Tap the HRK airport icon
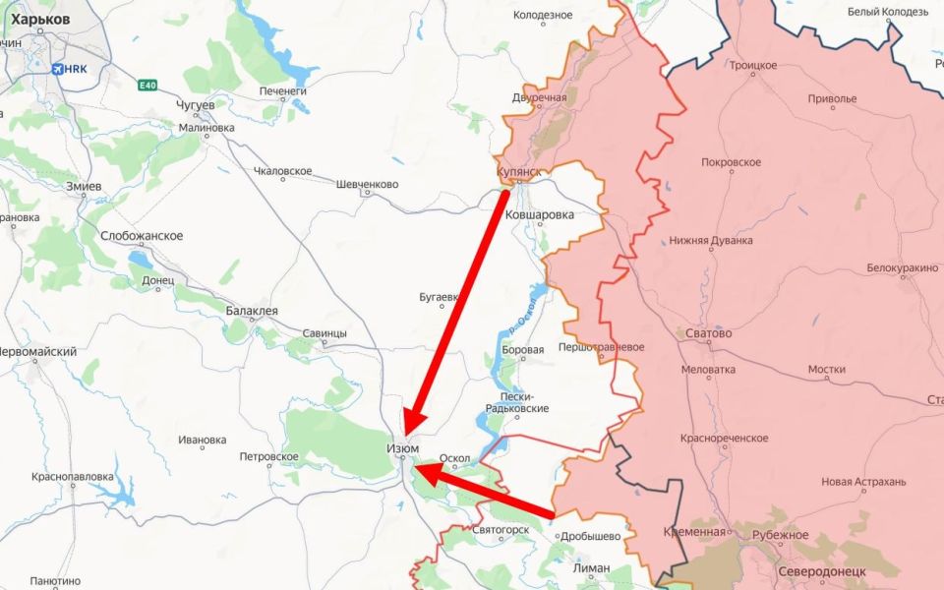point(58,68)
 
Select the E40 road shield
point(147,87)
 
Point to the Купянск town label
point(519,172)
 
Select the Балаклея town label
point(252,311)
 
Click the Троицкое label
point(753,66)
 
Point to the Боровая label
point(523,350)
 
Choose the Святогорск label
point(501,530)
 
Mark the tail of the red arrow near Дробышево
point(553,513)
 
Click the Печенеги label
point(283,91)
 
